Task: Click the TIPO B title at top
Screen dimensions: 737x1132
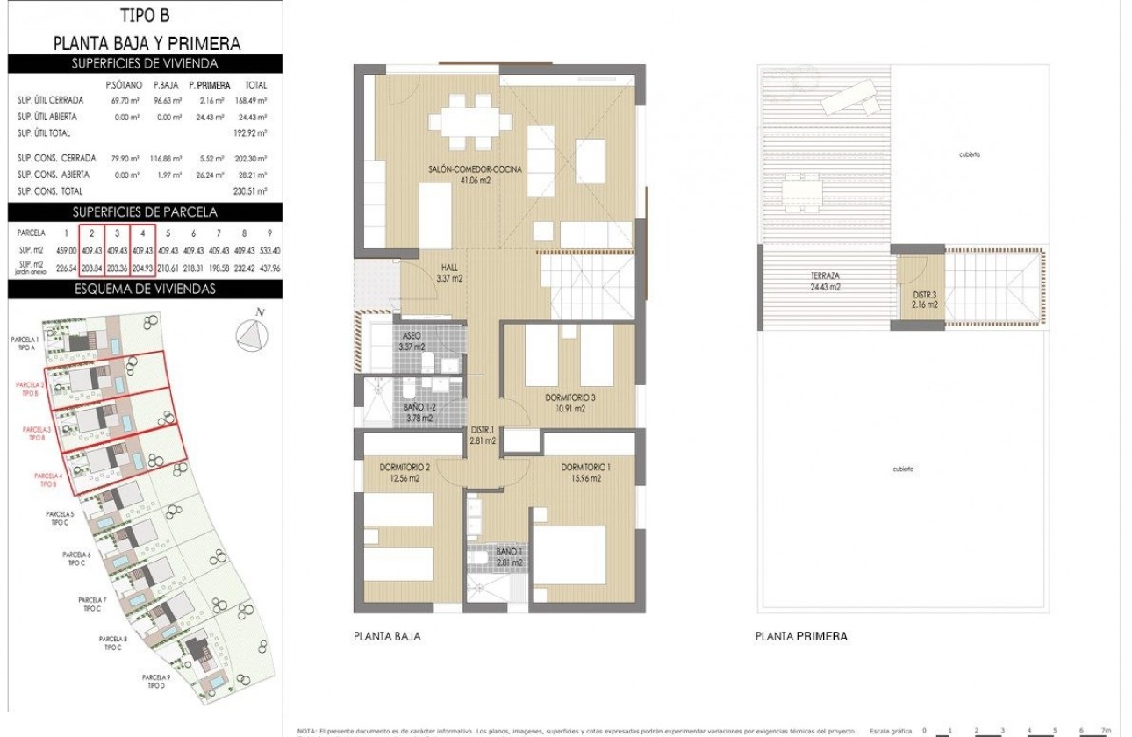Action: click(145, 15)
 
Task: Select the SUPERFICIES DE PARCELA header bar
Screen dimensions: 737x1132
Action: click(145, 211)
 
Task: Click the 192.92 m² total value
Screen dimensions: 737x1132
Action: click(255, 132)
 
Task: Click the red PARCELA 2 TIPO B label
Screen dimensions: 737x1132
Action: click(32, 389)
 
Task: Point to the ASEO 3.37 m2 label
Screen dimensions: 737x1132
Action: click(412, 341)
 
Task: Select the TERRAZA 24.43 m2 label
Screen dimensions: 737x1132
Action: click(827, 282)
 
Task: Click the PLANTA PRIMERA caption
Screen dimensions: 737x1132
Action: click(801, 637)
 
